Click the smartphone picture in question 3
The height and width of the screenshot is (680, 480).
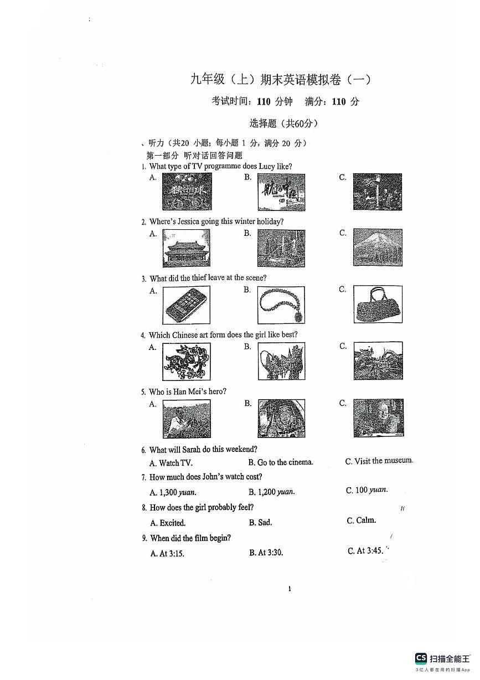pyautogui.click(x=187, y=305)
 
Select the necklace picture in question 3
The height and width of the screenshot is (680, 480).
pyautogui.click(x=281, y=305)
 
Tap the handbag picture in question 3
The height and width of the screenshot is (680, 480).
pyautogui.click(x=378, y=305)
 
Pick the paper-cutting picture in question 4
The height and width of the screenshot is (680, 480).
pyautogui.click(x=187, y=362)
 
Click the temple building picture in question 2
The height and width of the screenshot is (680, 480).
pyautogui.click(x=187, y=248)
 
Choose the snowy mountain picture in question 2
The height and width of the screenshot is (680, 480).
pyautogui.click(x=378, y=248)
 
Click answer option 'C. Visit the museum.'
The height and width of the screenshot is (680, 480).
pyautogui.click(x=379, y=461)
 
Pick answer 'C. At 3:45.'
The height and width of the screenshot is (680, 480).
pyautogui.click(x=365, y=551)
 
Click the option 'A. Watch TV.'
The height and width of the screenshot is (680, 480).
pyautogui.click(x=171, y=463)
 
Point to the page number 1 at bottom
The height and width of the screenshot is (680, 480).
pyautogui.click(x=290, y=589)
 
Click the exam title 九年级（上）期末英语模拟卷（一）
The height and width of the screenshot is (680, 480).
pyautogui.click(x=281, y=80)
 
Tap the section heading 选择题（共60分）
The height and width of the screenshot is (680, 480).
pyautogui.click(x=284, y=123)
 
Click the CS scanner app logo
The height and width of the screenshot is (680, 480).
pyautogui.click(x=421, y=658)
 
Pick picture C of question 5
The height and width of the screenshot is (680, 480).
pyautogui.click(x=378, y=418)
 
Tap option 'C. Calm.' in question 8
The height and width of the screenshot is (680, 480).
pyautogui.click(x=361, y=521)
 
